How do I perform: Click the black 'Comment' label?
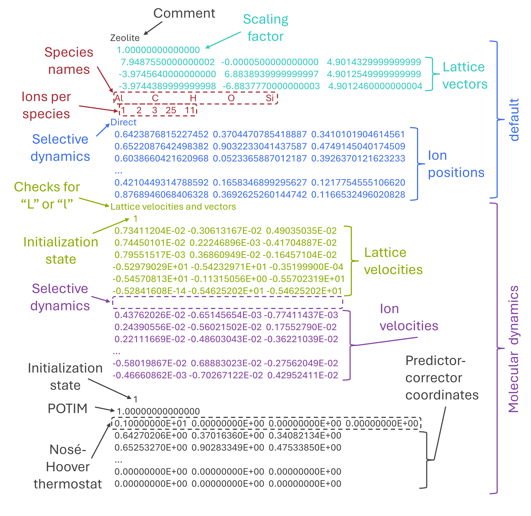pos(184,13)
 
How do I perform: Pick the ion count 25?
pos(171,110)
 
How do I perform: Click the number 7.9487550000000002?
pos(168,62)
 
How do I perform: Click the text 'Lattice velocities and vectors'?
pos(173,207)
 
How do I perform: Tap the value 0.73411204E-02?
pos(150,231)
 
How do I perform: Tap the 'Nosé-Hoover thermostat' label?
pos(68,467)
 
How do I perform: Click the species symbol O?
pos(231,98)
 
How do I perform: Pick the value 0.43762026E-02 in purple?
pos(150,315)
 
